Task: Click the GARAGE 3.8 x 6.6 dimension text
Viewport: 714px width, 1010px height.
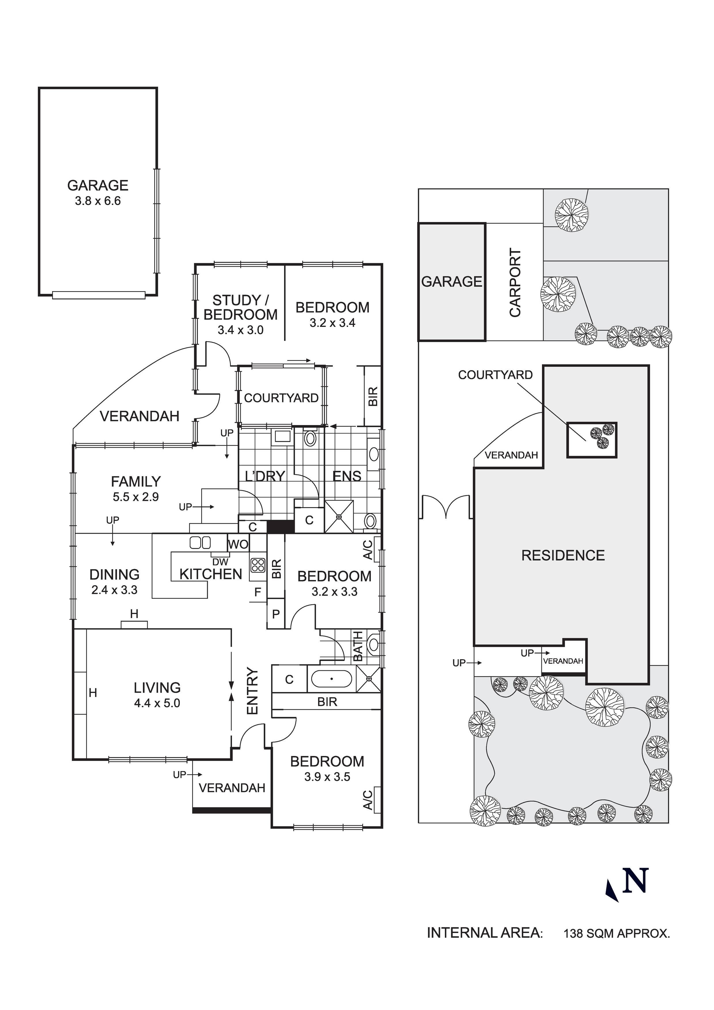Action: [98, 202]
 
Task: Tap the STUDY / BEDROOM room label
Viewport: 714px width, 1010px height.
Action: [240, 308]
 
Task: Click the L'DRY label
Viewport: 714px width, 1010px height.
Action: [265, 476]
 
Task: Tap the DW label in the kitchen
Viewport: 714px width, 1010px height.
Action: [220, 562]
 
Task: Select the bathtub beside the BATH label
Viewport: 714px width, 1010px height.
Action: [331, 679]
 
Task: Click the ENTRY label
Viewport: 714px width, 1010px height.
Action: [252, 691]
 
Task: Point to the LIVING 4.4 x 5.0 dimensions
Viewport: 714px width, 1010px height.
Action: [157, 703]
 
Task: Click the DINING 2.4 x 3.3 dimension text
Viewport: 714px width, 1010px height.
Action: [114, 590]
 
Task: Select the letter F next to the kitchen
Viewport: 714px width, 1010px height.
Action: [258, 592]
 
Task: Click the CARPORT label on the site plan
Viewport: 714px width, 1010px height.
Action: [515, 283]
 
